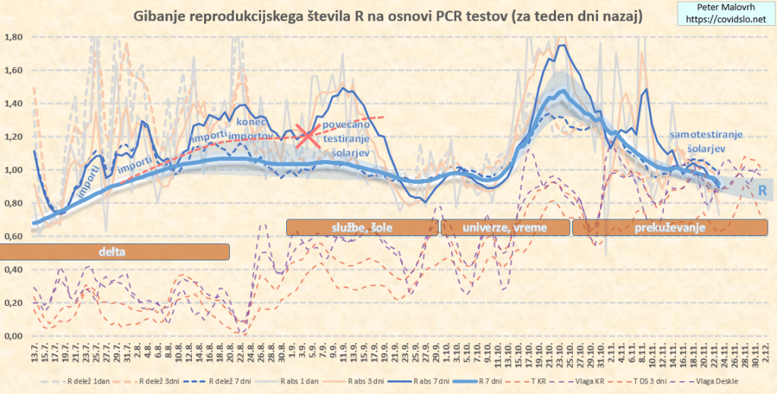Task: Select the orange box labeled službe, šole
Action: click(x=361, y=227)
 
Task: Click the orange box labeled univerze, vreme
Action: click(x=505, y=227)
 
